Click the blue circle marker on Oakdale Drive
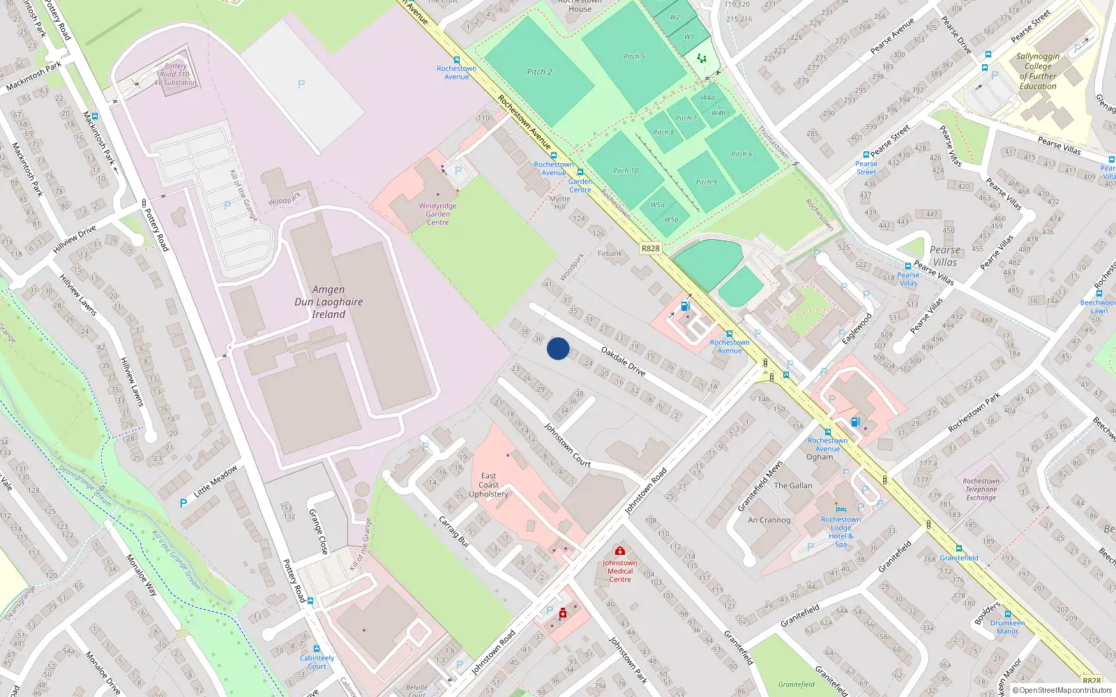[x=558, y=348]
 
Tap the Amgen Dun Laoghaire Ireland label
[x=329, y=302]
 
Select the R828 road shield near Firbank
[x=650, y=248]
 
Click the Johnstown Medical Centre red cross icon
[x=619, y=551]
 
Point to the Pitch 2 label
[x=539, y=72]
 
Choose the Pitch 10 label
[x=626, y=171]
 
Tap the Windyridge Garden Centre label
[x=437, y=214]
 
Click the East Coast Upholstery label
[x=488, y=485]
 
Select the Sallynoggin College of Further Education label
[x=1038, y=72]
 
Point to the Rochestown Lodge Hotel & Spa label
[x=840, y=532]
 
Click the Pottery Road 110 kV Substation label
[x=176, y=75]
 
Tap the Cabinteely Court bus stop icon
[x=317, y=648]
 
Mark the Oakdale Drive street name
[x=623, y=362]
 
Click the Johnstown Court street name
[x=567, y=445]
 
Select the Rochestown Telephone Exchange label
[x=981, y=489]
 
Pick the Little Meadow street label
[x=216, y=481]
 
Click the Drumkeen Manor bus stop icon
[x=1007, y=614]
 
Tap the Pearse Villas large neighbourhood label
[x=945, y=256]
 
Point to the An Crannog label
[x=769, y=520]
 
